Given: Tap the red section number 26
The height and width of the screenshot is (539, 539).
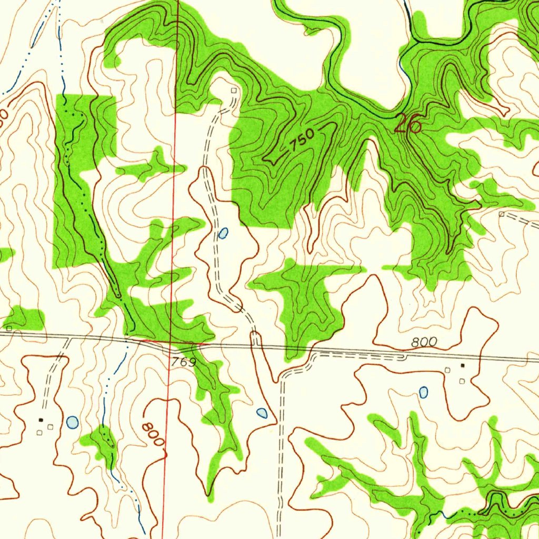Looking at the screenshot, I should (408, 124).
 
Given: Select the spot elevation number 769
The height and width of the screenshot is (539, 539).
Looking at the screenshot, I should (183, 362).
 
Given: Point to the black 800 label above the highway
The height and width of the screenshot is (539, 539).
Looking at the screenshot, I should (424, 342).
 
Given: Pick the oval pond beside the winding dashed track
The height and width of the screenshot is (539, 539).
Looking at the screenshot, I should (223, 233).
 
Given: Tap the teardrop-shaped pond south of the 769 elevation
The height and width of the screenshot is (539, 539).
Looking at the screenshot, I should (262, 413).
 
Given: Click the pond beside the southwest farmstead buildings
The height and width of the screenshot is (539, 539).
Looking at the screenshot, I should (72, 422).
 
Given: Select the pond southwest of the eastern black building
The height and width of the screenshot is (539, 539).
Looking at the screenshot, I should (423, 392).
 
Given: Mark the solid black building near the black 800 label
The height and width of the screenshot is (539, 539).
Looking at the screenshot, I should (463, 365).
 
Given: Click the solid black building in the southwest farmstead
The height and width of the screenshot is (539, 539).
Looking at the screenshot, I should (41, 420).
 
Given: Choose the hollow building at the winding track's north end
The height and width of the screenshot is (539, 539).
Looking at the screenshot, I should (234, 91).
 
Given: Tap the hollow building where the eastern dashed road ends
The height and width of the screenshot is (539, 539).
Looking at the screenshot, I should (502, 214).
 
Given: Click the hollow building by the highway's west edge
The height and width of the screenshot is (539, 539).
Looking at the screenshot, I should (9, 328).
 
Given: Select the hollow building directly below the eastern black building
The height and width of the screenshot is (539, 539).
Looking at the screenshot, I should (462, 381).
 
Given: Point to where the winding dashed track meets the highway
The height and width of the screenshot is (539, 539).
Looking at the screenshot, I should (255, 343).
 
